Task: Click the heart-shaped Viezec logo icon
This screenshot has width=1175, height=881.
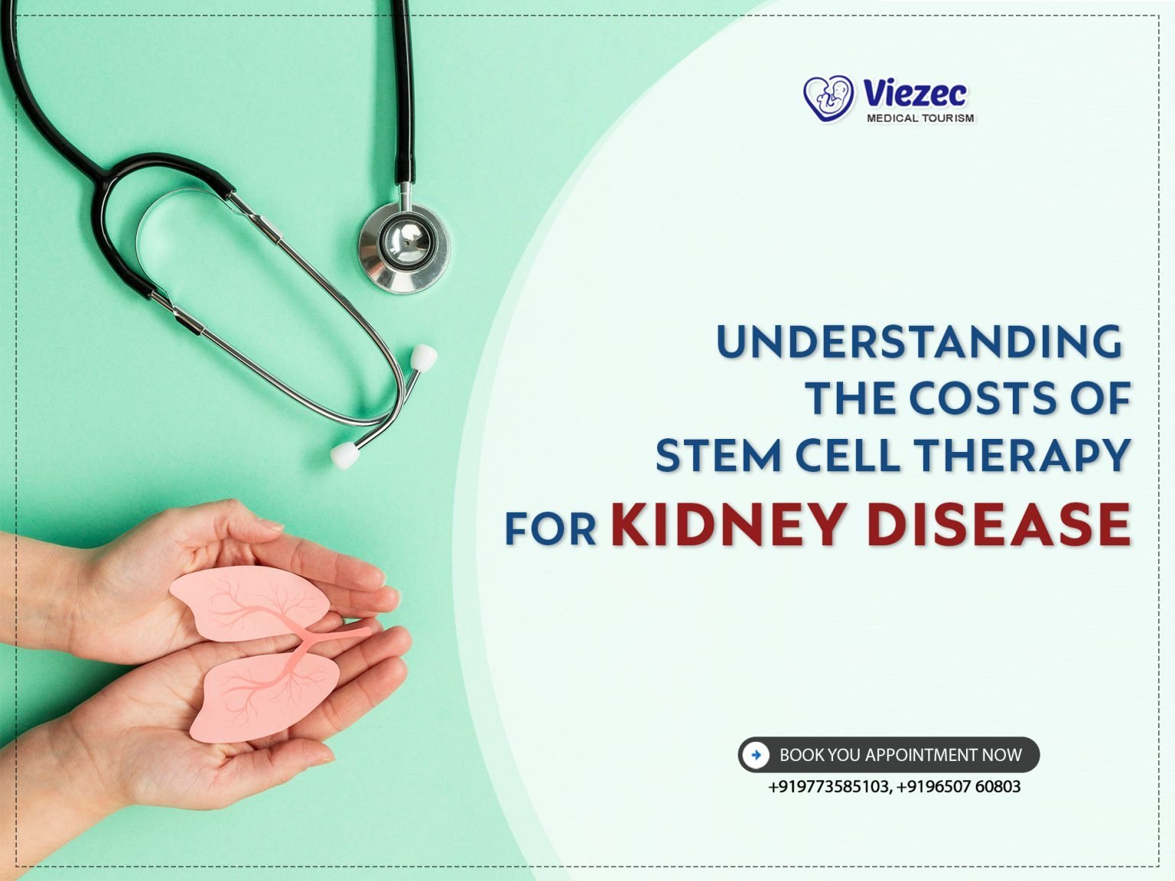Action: pyautogui.click(x=828, y=99)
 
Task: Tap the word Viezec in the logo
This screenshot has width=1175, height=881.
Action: pyautogui.click(x=915, y=94)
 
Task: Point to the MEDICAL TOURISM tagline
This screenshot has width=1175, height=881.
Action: pyautogui.click(x=920, y=119)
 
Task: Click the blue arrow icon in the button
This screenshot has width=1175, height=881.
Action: pyautogui.click(x=756, y=755)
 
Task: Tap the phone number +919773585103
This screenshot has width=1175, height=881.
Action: pyautogui.click(x=828, y=787)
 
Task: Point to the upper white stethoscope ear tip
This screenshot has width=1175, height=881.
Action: pyautogui.click(x=423, y=357)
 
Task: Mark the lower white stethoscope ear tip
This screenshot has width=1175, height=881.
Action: pyautogui.click(x=345, y=455)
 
